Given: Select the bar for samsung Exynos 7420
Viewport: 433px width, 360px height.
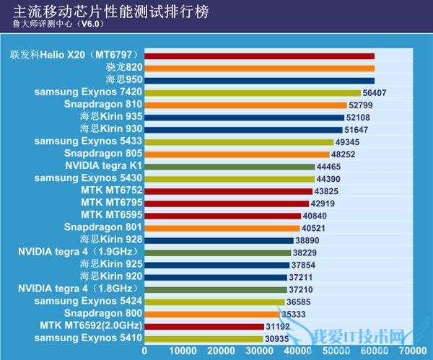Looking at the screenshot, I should (252, 92).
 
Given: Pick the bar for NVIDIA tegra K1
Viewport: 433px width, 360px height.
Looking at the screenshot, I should (229, 166).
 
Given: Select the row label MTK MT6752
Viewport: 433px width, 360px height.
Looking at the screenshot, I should (111, 191).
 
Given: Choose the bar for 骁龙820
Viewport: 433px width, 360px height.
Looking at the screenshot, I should (259, 68).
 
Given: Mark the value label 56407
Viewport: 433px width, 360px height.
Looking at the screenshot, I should (376, 92).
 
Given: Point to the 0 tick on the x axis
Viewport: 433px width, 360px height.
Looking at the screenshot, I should (144, 351).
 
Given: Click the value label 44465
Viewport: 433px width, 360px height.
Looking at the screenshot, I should (332, 166).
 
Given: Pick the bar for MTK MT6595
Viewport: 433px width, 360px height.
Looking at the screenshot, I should (222, 216).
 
